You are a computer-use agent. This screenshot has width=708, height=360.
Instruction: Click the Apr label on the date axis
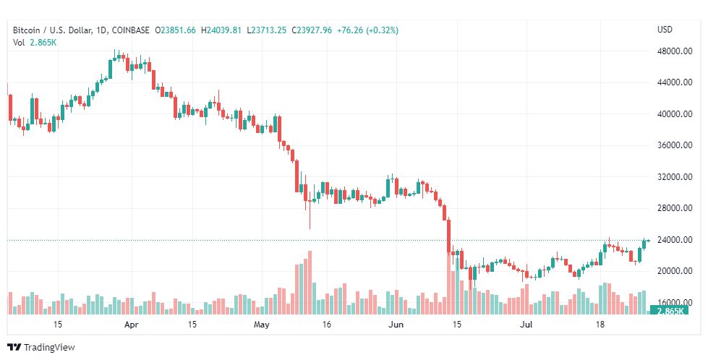(131, 325)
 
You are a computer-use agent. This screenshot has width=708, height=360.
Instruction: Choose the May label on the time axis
(262, 325)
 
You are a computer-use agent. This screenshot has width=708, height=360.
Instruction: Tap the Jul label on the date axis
(528, 325)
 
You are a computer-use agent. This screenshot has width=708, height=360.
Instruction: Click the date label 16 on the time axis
(326, 325)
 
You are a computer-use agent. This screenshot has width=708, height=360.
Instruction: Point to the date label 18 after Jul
(600, 325)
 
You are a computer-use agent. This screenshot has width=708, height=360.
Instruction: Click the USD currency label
(665, 30)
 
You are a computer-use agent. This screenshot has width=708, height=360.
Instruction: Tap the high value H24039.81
(223, 30)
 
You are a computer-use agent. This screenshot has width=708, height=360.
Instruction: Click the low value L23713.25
(267, 30)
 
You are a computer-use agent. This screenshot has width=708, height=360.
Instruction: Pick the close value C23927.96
(312, 30)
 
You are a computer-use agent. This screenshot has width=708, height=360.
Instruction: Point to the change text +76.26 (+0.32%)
(367, 30)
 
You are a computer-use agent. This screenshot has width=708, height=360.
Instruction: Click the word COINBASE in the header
(129, 30)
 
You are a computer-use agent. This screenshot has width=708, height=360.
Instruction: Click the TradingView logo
(41, 348)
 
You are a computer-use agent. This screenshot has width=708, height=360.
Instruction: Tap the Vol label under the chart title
(20, 43)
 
